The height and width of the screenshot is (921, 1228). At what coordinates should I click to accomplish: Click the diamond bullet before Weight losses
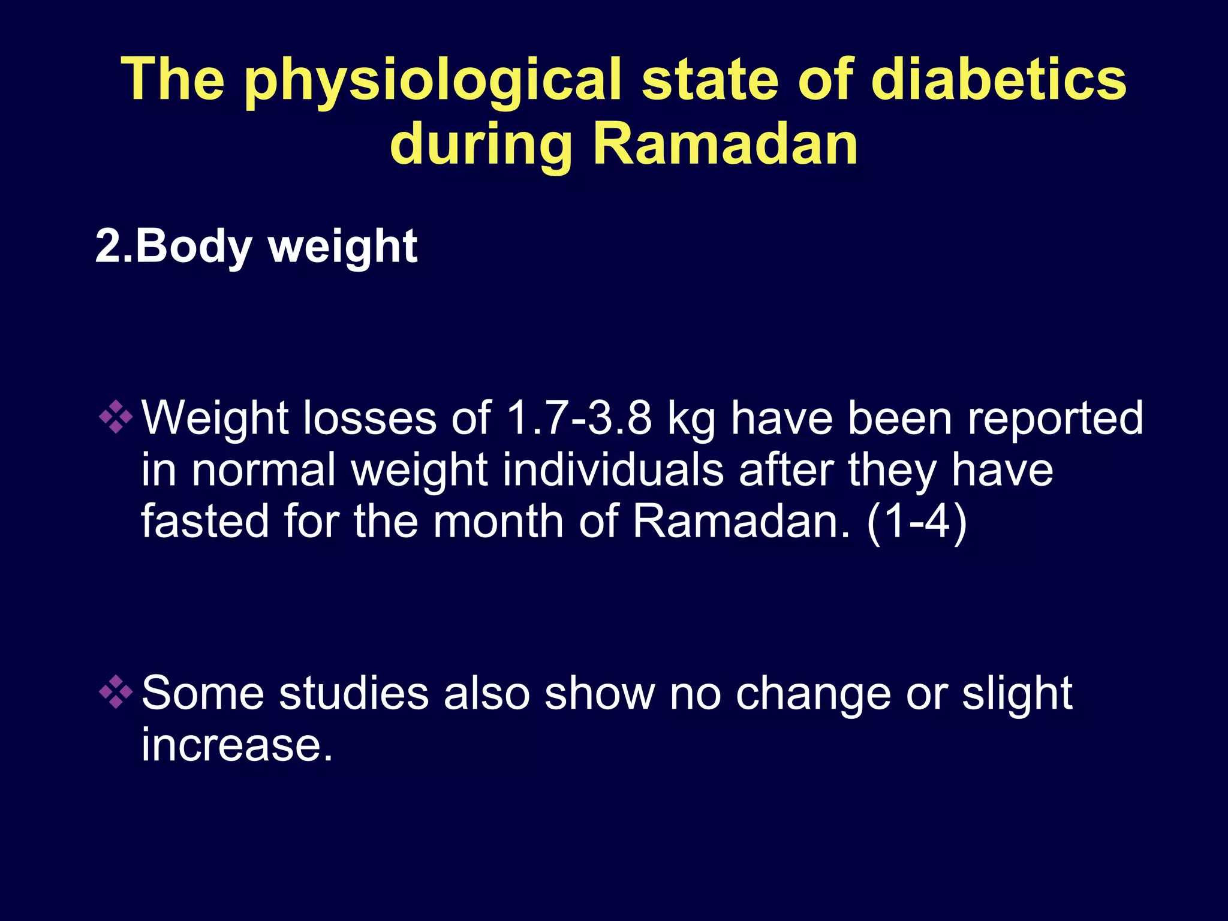(x=116, y=417)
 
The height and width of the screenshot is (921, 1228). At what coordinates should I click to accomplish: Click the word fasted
(x=204, y=521)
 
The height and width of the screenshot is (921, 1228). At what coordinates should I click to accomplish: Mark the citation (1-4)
(x=917, y=522)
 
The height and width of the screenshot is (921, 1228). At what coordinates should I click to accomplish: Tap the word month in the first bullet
(x=499, y=521)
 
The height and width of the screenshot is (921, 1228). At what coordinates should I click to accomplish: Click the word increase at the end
(x=237, y=745)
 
